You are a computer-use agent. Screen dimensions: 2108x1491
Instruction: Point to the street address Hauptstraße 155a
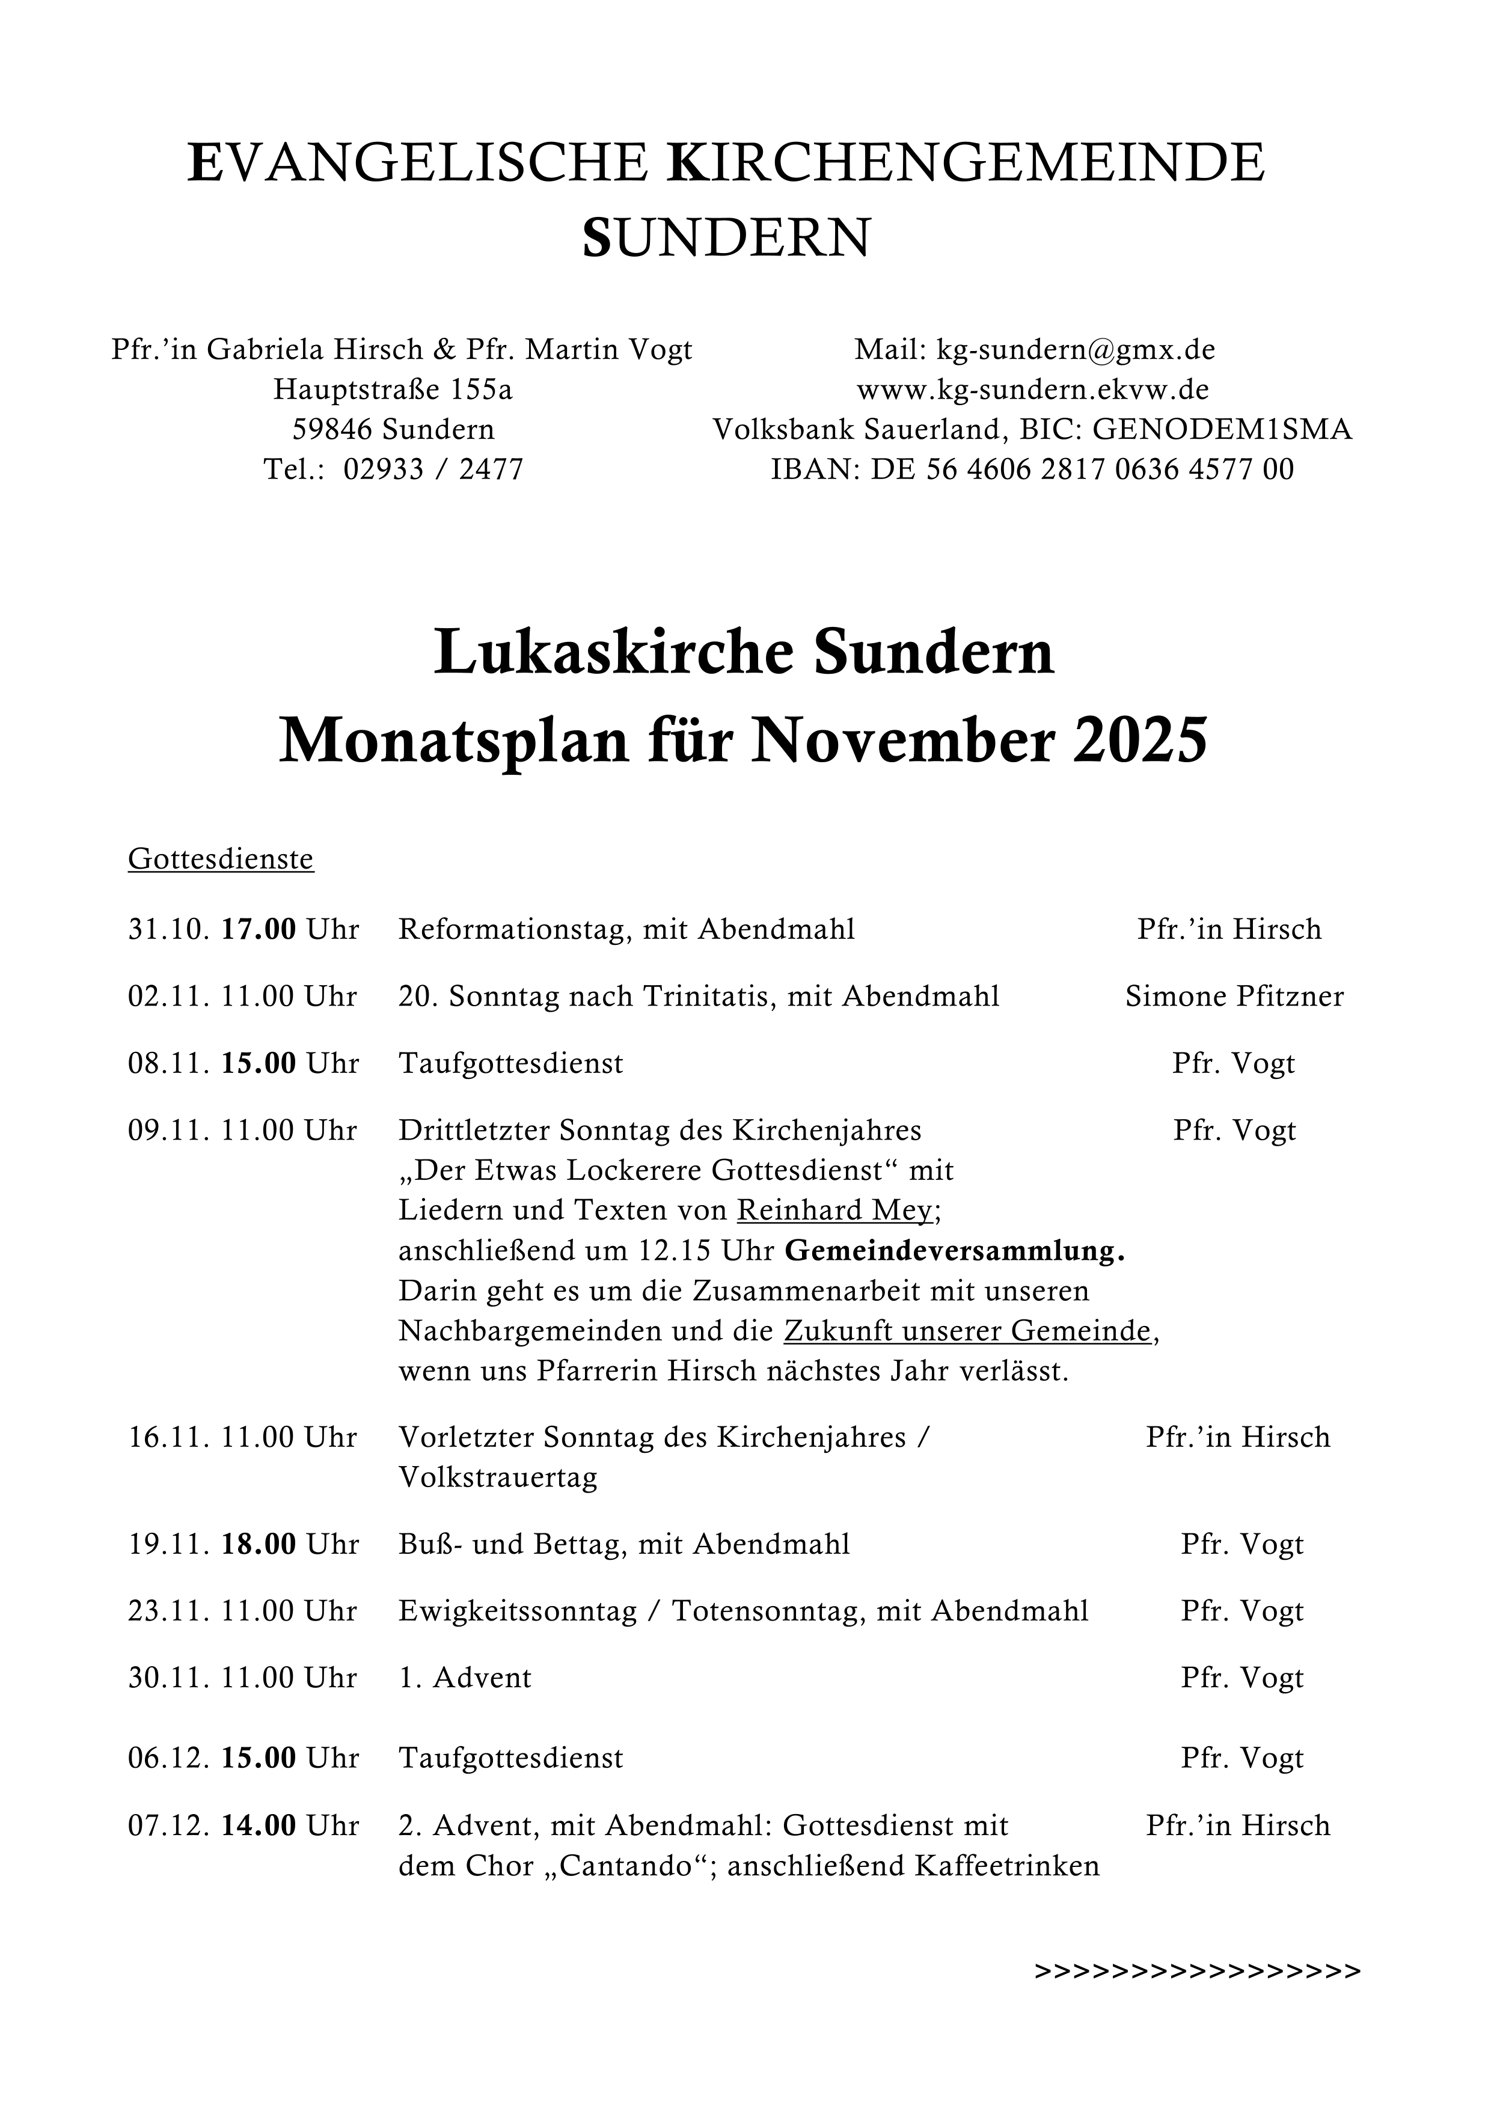point(393,390)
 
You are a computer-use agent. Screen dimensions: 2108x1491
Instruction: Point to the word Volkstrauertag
point(498,1477)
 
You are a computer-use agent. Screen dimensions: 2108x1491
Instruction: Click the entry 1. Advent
point(465,1678)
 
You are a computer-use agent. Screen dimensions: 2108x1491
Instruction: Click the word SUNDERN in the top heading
point(726,238)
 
